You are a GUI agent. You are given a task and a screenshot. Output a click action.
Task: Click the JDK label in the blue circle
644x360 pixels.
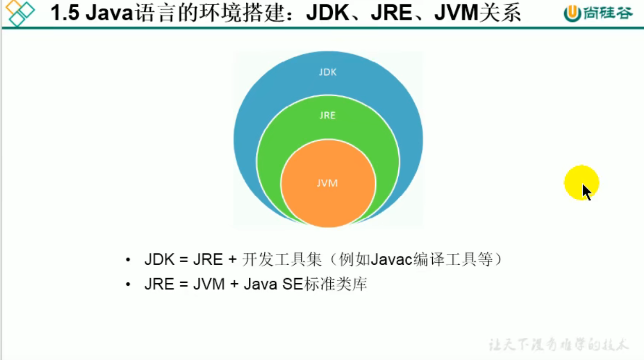tap(328, 72)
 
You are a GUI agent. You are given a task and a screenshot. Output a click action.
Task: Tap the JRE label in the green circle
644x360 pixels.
tap(328, 115)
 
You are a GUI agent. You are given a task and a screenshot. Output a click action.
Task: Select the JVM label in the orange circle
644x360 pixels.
tap(328, 183)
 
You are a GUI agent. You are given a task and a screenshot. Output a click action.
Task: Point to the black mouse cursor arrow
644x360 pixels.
tap(586, 192)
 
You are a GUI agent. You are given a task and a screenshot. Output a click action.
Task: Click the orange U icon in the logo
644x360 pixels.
tap(572, 13)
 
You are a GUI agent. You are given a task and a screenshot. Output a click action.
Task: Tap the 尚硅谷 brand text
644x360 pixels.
tap(608, 13)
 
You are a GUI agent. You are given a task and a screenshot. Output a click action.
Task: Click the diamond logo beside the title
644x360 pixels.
tap(20, 13)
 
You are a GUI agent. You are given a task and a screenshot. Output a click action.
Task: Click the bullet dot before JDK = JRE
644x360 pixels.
tap(128, 260)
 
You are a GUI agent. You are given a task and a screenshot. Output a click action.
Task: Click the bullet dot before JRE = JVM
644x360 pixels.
tap(128, 284)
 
